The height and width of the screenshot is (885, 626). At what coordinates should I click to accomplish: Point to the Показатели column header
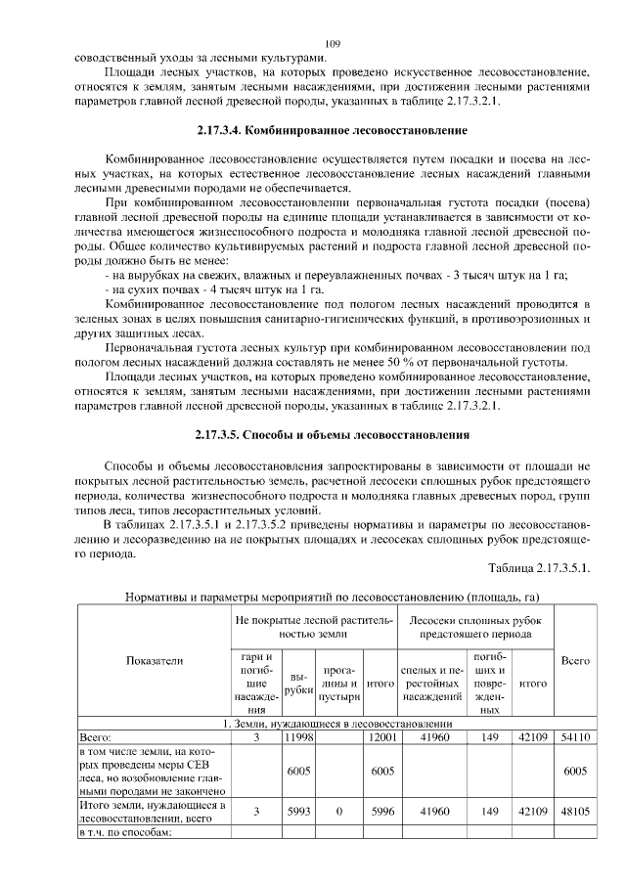tap(155, 661)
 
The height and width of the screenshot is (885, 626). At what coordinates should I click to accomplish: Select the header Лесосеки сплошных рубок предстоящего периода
tap(476, 626)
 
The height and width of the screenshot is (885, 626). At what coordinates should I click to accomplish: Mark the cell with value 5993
tap(298, 811)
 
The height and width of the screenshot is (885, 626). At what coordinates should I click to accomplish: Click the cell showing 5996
tap(380, 811)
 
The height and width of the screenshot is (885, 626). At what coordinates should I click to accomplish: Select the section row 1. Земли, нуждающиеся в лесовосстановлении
tap(332, 723)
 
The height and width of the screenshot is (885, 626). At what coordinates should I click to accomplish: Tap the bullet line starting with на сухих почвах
tap(214, 289)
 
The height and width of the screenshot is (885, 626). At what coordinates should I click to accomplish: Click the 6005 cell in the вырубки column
tap(298, 771)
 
